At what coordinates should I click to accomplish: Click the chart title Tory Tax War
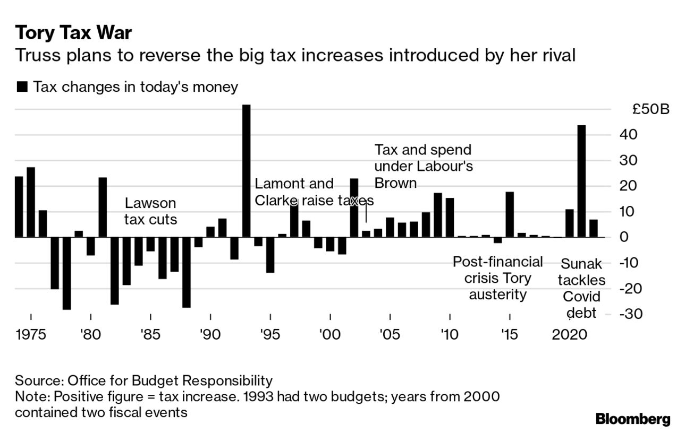click(x=73, y=33)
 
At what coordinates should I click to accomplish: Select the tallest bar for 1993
click(x=246, y=170)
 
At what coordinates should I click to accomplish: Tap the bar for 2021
click(x=581, y=181)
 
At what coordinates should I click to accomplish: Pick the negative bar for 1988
click(x=186, y=272)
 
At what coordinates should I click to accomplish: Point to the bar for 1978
click(x=66, y=273)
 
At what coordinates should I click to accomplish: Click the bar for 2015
click(x=510, y=214)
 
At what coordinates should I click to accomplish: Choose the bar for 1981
click(x=103, y=207)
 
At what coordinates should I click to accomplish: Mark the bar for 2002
click(x=354, y=207)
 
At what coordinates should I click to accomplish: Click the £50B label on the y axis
click(x=650, y=110)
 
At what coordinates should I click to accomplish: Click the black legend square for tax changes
click(x=22, y=87)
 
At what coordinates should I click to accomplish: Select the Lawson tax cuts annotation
click(x=150, y=211)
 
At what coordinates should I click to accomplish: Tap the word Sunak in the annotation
click(x=581, y=264)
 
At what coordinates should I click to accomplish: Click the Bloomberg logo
click(x=632, y=419)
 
